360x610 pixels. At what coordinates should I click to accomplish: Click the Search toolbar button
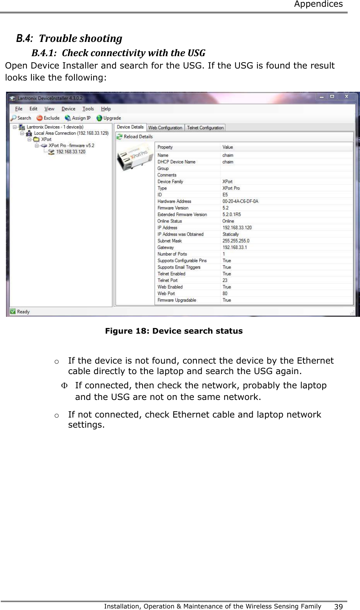(x=21, y=118)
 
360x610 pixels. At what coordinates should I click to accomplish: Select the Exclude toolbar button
(x=48, y=118)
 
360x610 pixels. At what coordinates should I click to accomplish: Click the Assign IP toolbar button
(x=77, y=118)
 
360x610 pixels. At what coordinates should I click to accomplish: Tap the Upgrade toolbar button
(x=109, y=118)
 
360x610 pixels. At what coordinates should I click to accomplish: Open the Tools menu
(x=88, y=109)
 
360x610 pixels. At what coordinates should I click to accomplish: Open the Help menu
(x=106, y=109)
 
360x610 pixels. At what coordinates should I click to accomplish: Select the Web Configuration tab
(x=165, y=128)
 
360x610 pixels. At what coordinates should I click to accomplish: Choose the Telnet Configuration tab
(x=205, y=128)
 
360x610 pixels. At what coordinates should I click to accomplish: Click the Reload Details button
(x=135, y=137)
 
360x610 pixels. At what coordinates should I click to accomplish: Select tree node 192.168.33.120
(x=70, y=152)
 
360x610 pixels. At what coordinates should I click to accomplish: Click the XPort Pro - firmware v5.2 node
(x=71, y=145)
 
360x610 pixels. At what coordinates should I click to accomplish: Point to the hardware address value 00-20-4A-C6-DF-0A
(x=240, y=201)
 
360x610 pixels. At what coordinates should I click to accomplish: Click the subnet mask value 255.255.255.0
(x=236, y=241)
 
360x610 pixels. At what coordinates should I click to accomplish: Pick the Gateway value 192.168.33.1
(x=234, y=247)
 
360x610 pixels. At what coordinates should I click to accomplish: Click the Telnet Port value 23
(x=225, y=280)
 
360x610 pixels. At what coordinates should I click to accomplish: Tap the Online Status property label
(x=170, y=221)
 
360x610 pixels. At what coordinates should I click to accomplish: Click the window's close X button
(x=347, y=97)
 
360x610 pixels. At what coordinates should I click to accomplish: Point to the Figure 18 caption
(x=174, y=331)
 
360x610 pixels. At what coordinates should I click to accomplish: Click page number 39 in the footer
(x=338, y=606)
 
